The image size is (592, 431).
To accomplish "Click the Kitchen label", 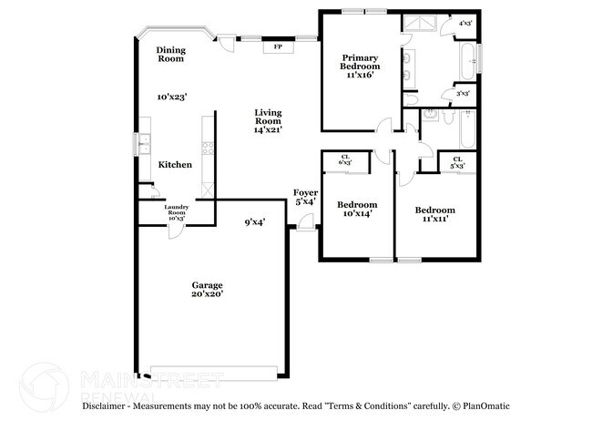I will click(x=175, y=165).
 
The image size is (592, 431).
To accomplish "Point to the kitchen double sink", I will click(x=143, y=144).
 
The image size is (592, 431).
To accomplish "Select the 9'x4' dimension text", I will click(x=254, y=221).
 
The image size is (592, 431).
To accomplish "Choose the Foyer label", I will click(x=304, y=197).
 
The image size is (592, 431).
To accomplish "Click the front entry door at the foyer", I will click(x=306, y=221).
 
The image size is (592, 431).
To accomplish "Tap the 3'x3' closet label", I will click(x=463, y=93).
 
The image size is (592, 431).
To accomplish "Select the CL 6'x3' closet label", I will click(x=345, y=159).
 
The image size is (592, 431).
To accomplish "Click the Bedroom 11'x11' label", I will click(x=434, y=215).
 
